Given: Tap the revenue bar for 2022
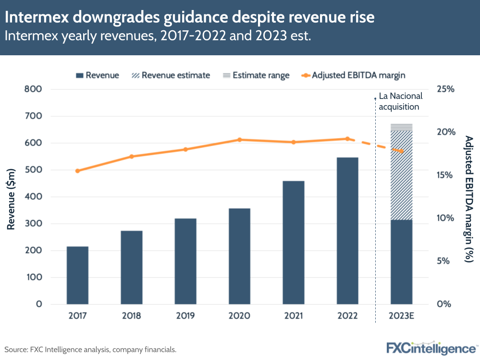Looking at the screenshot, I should (x=347, y=231).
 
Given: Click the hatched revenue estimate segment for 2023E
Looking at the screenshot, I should (x=402, y=175).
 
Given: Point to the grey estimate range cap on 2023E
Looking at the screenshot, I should (x=402, y=127).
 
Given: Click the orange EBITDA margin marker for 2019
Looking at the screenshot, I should (x=185, y=149).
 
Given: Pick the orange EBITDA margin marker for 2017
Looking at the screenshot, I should (x=77, y=171).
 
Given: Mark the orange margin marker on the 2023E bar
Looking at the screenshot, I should (x=402, y=152).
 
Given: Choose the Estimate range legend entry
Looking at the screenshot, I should (x=256, y=75).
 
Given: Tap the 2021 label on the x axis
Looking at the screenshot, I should (x=293, y=316).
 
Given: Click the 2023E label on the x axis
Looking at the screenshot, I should (x=402, y=316).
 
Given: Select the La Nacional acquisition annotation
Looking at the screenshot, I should (x=399, y=101).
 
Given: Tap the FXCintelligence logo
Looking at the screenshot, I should (x=431, y=348).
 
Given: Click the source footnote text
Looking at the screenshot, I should (x=91, y=349).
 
